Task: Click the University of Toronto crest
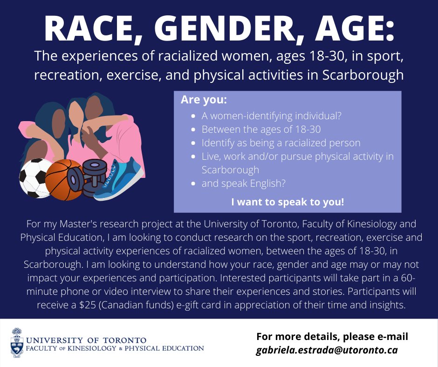point(17,343)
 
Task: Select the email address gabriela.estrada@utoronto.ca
point(327,350)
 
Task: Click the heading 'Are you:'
point(198,100)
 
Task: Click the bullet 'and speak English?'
point(243,183)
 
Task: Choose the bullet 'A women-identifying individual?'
point(272,116)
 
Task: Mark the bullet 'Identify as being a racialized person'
point(281,143)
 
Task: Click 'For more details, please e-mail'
point(332,337)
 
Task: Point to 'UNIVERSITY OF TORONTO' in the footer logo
point(86,340)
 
